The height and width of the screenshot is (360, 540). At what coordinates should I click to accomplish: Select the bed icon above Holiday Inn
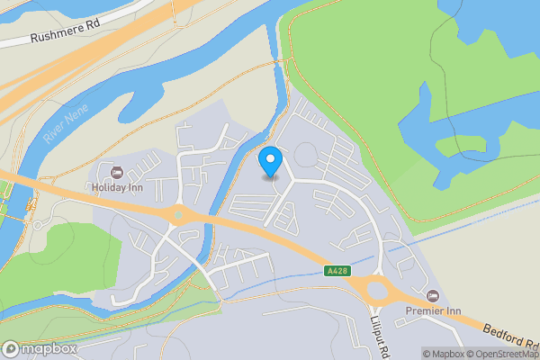[114, 172]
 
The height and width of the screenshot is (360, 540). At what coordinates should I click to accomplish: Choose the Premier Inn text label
[432, 310]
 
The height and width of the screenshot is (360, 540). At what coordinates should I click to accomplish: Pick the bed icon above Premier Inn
[432, 295]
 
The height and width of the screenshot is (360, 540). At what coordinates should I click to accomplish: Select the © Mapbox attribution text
[444, 353]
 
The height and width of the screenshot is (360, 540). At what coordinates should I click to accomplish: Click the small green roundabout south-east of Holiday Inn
[178, 214]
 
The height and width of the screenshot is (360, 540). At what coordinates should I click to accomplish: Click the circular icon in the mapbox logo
[12, 348]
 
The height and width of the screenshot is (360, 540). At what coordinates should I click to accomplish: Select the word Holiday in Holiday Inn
[107, 187]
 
